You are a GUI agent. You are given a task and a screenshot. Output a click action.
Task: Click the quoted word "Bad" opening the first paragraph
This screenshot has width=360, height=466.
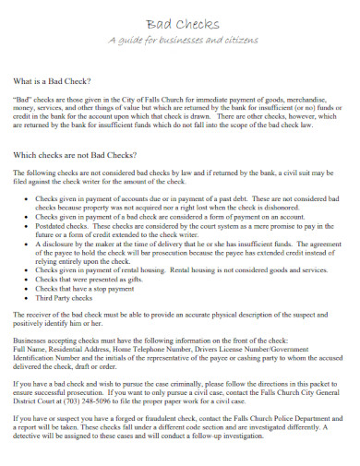tap(23, 98)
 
